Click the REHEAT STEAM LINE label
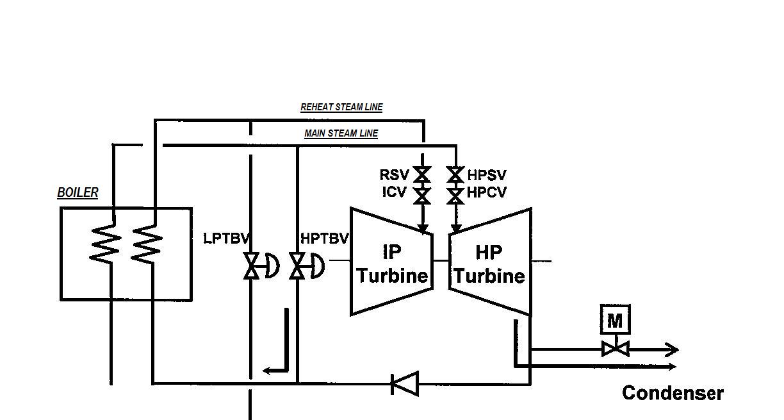click(341, 107)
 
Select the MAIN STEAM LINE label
click(341, 133)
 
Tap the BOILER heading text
click(78, 192)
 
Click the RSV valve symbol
click(422, 174)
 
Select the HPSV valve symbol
click(455, 174)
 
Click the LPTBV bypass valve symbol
click(251, 265)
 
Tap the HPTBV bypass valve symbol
click(297, 265)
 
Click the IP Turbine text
click(392, 264)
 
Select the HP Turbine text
click(489, 264)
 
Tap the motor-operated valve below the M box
click(615, 349)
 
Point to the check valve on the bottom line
click(405, 384)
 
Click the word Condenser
click(673, 393)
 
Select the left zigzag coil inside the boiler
click(106, 244)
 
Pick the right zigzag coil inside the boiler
click(147, 244)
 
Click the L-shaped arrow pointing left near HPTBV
click(278, 349)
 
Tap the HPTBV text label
click(325, 239)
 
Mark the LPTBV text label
click(226, 238)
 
